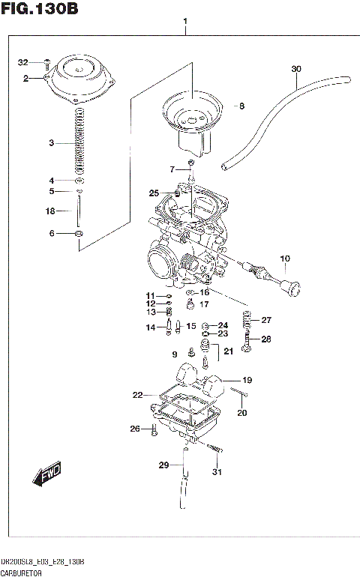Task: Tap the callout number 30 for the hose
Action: [x=296, y=70]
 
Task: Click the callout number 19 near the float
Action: [x=247, y=380]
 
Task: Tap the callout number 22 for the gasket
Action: [x=137, y=395]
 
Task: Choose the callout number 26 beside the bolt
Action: [x=135, y=429]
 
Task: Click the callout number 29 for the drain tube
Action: [x=163, y=465]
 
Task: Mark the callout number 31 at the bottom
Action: [x=217, y=471]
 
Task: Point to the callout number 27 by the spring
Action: [x=266, y=320]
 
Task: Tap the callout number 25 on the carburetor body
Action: [x=154, y=193]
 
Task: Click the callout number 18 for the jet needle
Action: [x=51, y=211]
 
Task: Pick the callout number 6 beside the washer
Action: [x=51, y=234]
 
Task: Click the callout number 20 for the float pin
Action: [x=241, y=413]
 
